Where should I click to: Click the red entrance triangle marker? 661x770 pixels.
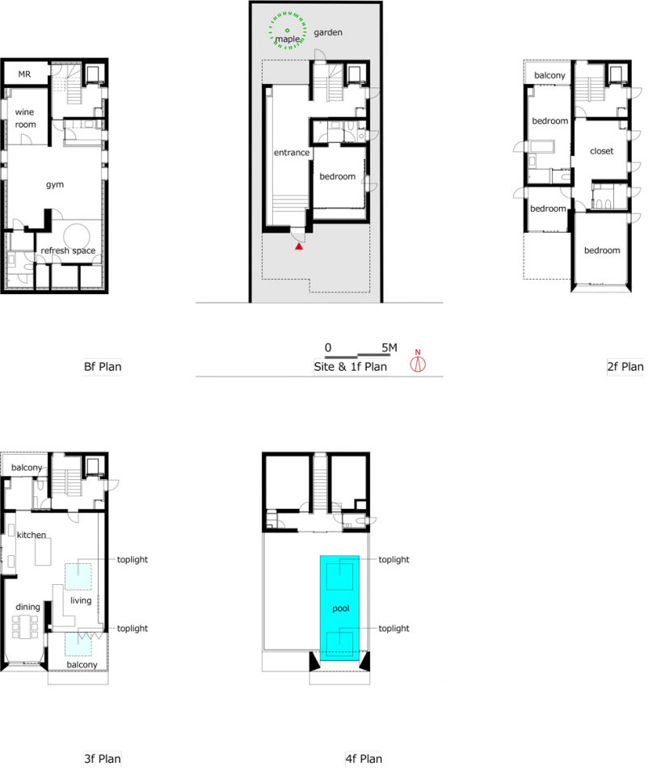tap(298, 246)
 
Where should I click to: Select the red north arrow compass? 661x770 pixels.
tap(418, 361)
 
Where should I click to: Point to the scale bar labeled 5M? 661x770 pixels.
tap(357, 355)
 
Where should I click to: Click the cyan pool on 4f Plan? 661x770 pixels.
tap(340, 608)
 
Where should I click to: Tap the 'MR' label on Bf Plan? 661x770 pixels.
tap(24, 74)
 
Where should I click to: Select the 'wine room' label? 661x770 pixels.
tap(25, 118)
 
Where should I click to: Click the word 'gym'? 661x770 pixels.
tap(54, 185)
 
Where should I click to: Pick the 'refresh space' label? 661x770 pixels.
tap(68, 250)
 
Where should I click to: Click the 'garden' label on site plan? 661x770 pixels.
tap(328, 32)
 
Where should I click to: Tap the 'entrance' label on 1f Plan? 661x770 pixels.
tap(291, 153)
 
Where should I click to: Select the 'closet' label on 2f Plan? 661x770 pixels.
tap(601, 151)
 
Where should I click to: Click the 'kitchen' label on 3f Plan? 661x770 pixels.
tap(32, 535)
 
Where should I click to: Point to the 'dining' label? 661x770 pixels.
tap(27, 607)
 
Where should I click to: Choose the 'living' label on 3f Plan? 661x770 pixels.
tap(81, 600)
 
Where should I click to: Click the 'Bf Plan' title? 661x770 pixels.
tap(103, 367)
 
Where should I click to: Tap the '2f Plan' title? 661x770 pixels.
tap(625, 367)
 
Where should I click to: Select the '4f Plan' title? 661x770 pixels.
tap(364, 759)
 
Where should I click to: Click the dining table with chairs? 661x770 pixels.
tap(25, 626)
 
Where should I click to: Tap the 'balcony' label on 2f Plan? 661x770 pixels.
tap(549, 75)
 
